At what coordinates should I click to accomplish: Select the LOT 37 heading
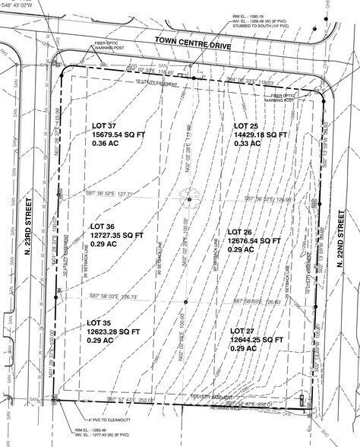click(x=105, y=126)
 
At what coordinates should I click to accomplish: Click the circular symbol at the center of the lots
click(x=189, y=200)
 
